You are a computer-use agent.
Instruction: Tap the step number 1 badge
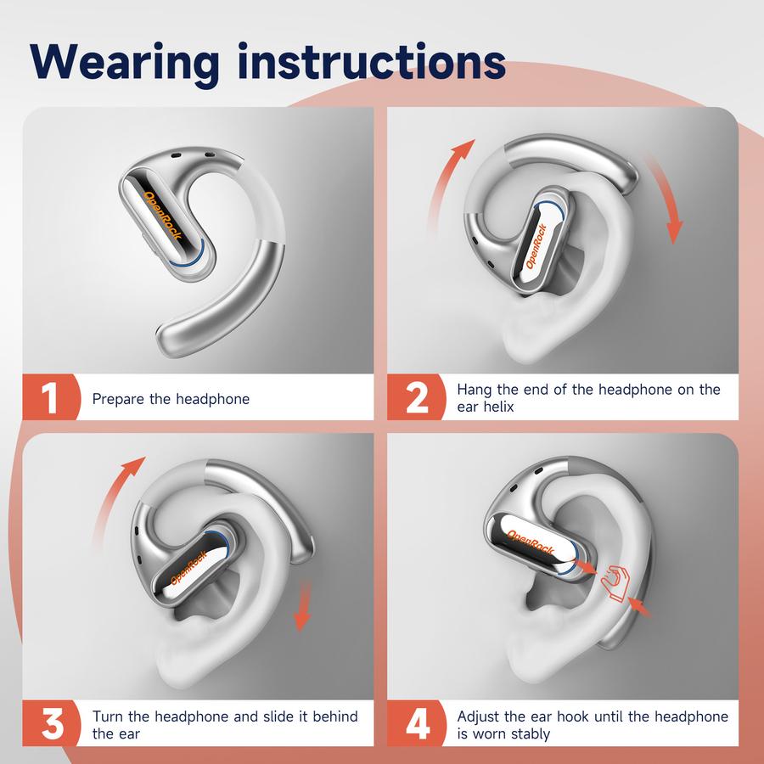51,397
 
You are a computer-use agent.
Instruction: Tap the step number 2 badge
416,397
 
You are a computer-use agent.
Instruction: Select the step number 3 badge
51,723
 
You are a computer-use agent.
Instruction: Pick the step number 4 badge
416,723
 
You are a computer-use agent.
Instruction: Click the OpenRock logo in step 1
163,215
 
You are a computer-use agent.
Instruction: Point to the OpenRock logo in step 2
536,246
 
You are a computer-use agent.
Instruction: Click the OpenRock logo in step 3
189,567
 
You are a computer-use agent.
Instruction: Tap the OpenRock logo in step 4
531,542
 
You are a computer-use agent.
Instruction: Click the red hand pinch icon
615,584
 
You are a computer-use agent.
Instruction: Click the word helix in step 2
498,407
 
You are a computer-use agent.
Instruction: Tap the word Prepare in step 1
118,399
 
